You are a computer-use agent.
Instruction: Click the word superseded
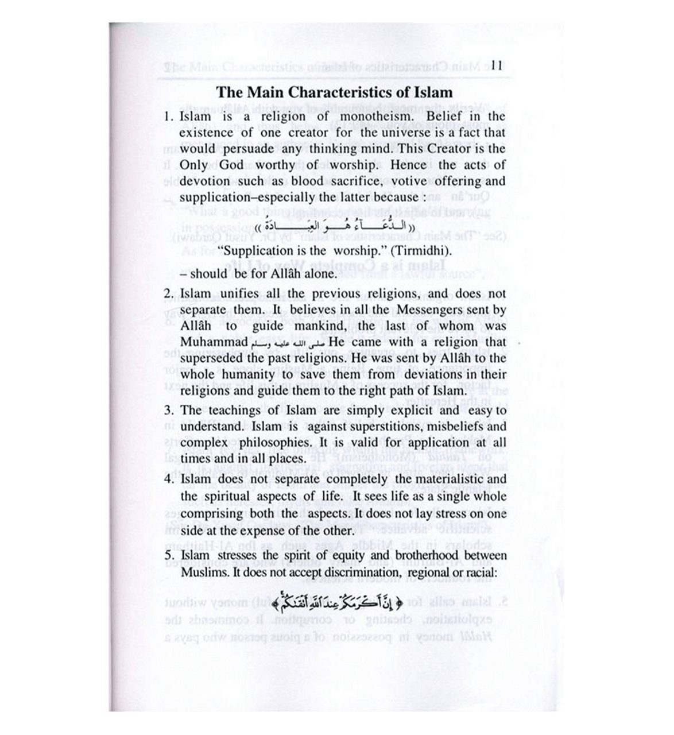pyautogui.click(x=213, y=359)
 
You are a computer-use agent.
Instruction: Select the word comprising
pyautogui.click(x=210, y=514)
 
